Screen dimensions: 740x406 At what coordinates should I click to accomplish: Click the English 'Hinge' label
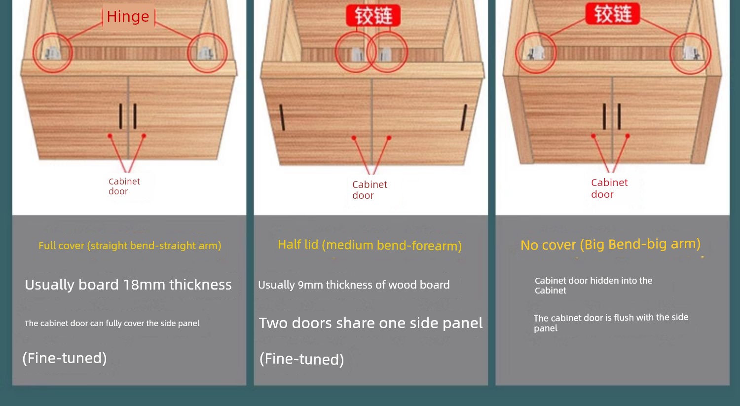pos(128,16)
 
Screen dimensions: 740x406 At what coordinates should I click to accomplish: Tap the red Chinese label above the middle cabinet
pos(373,15)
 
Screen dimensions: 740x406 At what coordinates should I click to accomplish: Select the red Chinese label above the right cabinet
pos(613,13)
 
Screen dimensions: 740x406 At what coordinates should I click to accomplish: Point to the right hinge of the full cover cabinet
pos(205,53)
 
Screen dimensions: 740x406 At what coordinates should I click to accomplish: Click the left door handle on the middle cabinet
pos(282,117)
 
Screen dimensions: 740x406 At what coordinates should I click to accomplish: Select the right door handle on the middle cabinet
pos(464,117)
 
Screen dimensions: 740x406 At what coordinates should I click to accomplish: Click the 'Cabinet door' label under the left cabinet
pos(124,186)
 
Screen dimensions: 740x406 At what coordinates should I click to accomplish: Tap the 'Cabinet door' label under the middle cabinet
pos(370,190)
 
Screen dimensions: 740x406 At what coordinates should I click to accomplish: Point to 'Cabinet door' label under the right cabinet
pos(609,188)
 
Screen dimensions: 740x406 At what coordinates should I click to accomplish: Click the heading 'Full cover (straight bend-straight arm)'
pos(130,246)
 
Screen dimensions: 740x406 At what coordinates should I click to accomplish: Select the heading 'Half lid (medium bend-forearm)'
pos(370,246)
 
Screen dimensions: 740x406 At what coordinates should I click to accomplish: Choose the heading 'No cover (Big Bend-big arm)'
pos(611,245)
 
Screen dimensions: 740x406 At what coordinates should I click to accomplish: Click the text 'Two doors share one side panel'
pos(370,323)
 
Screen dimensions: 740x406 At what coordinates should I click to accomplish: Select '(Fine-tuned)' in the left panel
pos(65,359)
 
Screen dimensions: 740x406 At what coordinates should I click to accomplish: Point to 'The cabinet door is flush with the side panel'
pos(611,323)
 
